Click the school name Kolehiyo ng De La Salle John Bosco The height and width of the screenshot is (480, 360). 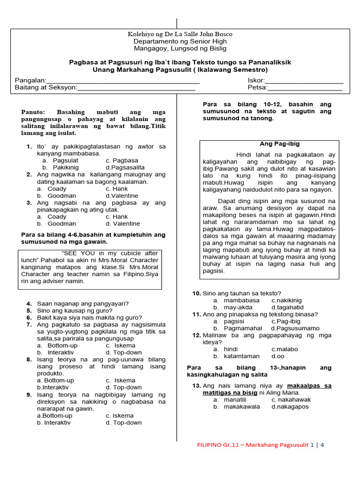point(180,34)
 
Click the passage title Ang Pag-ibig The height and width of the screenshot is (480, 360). point(279,144)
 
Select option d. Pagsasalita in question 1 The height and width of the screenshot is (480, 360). point(125,167)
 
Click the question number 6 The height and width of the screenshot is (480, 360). point(29,317)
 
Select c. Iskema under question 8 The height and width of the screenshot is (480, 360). point(120,380)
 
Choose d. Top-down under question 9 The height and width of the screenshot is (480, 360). point(124,422)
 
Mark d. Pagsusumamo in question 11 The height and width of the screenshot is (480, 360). point(295,328)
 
